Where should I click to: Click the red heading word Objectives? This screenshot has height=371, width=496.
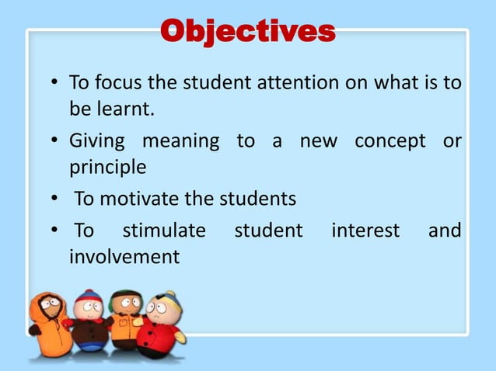pos(248,32)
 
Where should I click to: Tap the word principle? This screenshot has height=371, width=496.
pos(107,167)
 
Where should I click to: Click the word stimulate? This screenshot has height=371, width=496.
pos(164,231)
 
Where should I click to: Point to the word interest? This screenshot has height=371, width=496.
pos(365,231)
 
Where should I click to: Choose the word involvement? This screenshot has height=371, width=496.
pos(124,255)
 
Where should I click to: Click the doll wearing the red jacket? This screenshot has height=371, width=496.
pos(160,326)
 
